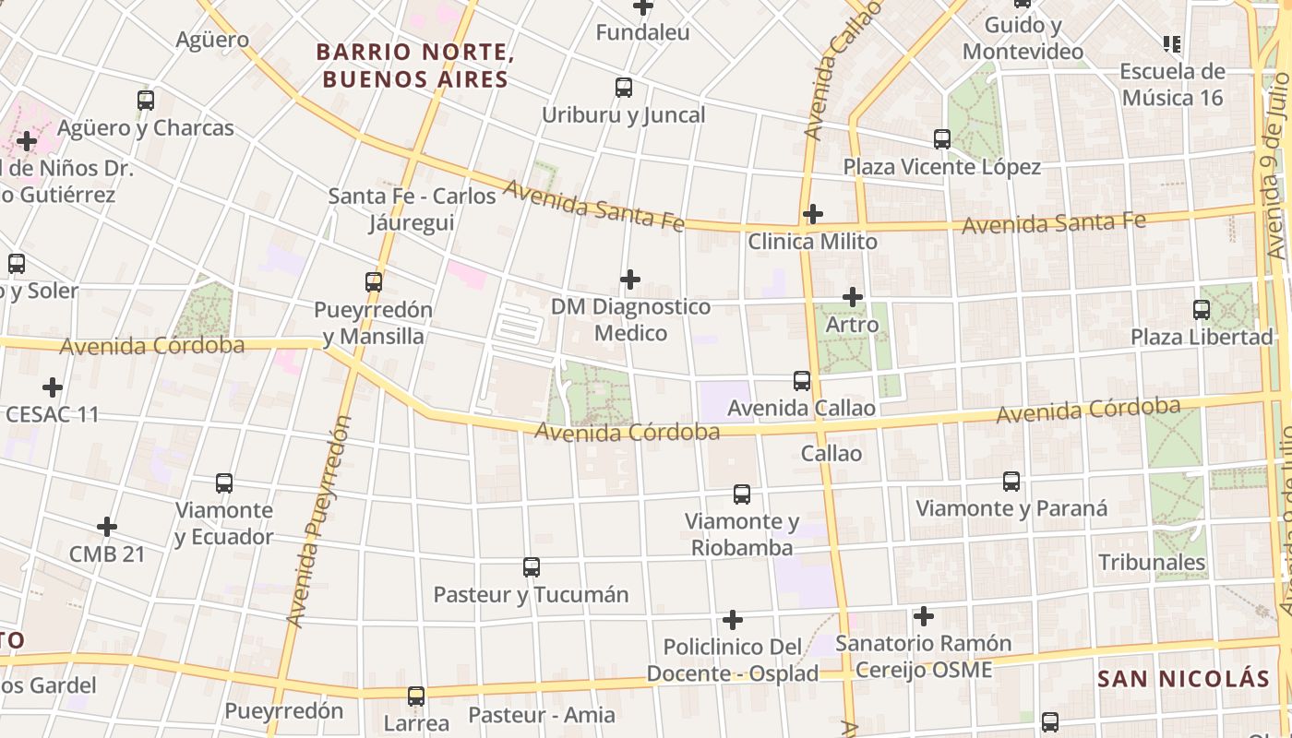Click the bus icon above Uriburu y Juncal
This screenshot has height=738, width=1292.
click(x=624, y=88)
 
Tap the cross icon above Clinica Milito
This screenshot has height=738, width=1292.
click(x=812, y=214)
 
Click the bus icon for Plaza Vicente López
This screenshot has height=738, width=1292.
click(x=941, y=139)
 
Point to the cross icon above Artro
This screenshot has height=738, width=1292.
click(x=853, y=297)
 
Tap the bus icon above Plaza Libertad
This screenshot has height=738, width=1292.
click(x=1202, y=310)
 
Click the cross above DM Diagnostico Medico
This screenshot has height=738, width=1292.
click(x=630, y=279)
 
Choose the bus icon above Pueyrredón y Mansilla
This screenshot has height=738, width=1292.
click(x=374, y=282)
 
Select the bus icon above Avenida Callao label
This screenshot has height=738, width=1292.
click(x=802, y=380)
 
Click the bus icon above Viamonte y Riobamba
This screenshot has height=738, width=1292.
click(x=742, y=494)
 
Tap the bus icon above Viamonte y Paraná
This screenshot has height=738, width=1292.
click(x=1011, y=482)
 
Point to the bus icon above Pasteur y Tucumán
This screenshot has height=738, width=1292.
click(x=531, y=567)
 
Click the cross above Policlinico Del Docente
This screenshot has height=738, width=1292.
click(x=733, y=619)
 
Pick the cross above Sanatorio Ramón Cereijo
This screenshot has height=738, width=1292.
click(x=924, y=616)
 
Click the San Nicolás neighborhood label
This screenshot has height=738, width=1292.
click(x=1183, y=679)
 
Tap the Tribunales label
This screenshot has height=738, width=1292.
click(x=1152, y=562)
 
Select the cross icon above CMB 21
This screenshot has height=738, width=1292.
click(x=107, y=527)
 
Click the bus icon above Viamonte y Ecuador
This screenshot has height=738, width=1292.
click(x=223, y=482)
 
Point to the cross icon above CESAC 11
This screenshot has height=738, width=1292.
click(x=53, y=387)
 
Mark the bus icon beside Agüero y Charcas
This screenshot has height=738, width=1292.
click(x=146, y=101)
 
